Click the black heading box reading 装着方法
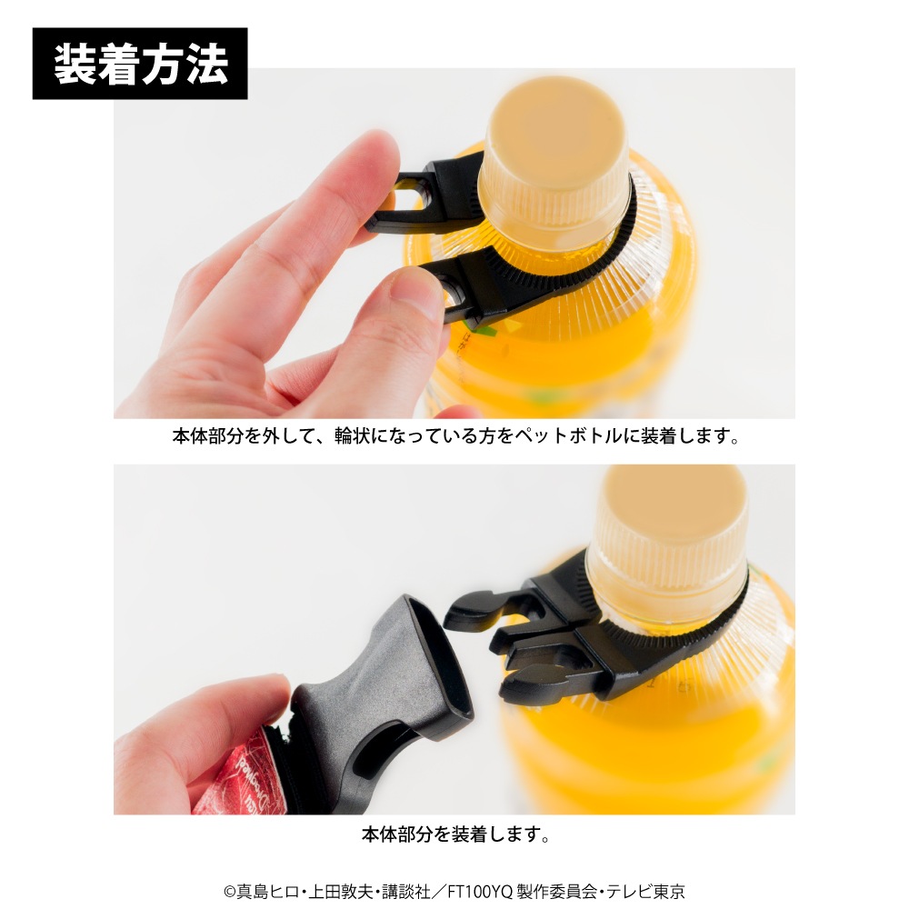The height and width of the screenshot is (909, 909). pyautogui.click(x=140, y=64)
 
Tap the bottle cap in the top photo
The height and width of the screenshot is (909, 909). pyautogui.click(x=554, y=163)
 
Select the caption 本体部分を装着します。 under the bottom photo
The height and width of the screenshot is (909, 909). pyautogui.click(x=455, y=834)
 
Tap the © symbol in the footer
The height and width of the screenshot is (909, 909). pyautogui.click(x=230, y=892)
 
